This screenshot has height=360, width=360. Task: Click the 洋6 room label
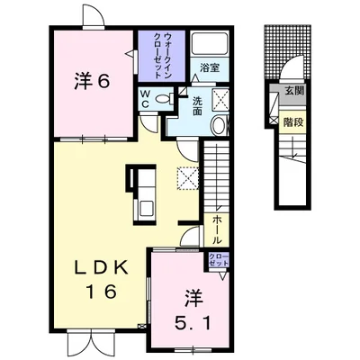(92, 81)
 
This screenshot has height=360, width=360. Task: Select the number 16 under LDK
(102, 292)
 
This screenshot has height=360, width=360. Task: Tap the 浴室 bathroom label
(210, 68)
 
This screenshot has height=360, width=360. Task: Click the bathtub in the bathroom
(210, 42)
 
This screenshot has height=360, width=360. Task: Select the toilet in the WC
(165, 99)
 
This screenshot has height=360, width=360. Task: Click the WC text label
(145, 99)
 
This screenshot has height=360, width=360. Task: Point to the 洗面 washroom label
(197, 106)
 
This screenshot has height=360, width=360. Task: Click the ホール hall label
(217, 229)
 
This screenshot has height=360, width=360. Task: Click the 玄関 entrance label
(294, 91)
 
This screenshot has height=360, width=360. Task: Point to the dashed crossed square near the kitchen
(188, 178)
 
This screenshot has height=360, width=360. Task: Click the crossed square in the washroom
(220, 98)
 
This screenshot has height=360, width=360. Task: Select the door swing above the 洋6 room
(94, 15)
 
